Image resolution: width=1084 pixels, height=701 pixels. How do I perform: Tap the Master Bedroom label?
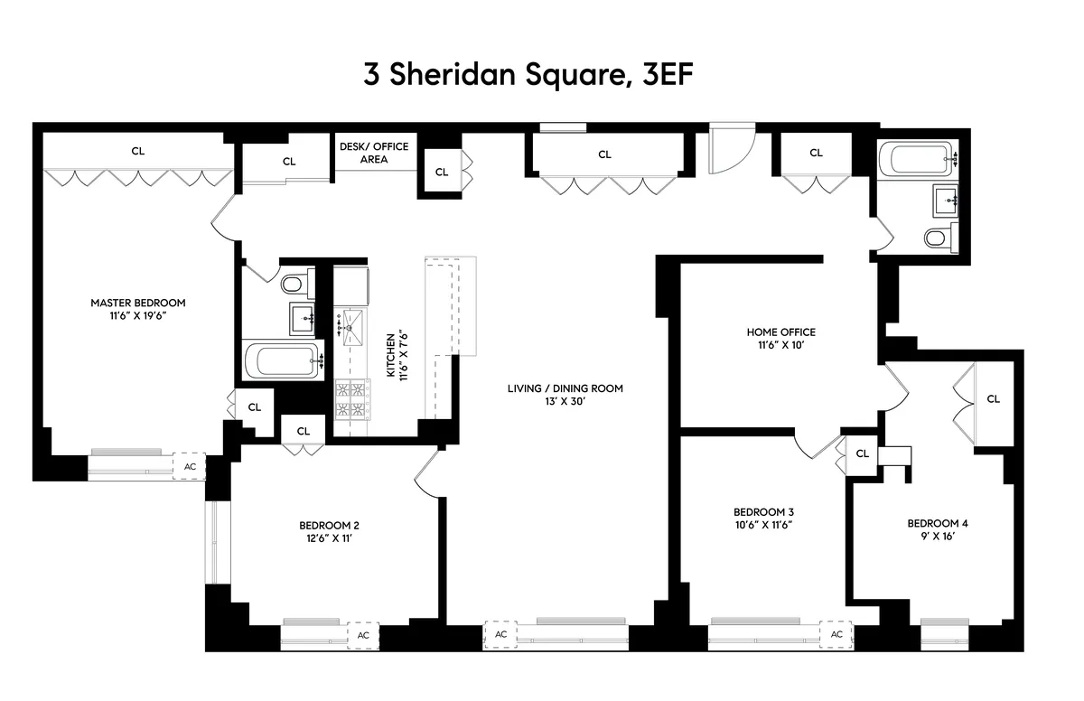(x=137, y=303)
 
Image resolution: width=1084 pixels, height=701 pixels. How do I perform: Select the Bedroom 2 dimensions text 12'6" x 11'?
(x=330, y=538)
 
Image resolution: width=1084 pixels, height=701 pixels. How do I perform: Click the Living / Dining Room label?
(x=565, y=388)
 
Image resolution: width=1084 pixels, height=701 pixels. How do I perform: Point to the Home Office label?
(x=780, y=332)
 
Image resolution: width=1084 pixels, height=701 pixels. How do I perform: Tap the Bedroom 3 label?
(x=763, y=510)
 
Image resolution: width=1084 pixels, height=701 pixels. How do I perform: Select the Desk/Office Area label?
(x=374, y=153)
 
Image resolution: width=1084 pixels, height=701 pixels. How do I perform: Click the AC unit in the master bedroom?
(x=190, y=466)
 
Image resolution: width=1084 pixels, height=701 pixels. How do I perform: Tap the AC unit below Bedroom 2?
(x=363, y=635)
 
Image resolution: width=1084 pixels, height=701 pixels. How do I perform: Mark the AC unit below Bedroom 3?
(x=836, y=634)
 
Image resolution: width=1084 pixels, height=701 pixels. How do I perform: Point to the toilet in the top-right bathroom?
(x=937, y=238)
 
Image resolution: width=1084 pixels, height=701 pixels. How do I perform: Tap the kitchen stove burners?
(x=351, y=400)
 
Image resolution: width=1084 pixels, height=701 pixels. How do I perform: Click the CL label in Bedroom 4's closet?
(x=994, y=398)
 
